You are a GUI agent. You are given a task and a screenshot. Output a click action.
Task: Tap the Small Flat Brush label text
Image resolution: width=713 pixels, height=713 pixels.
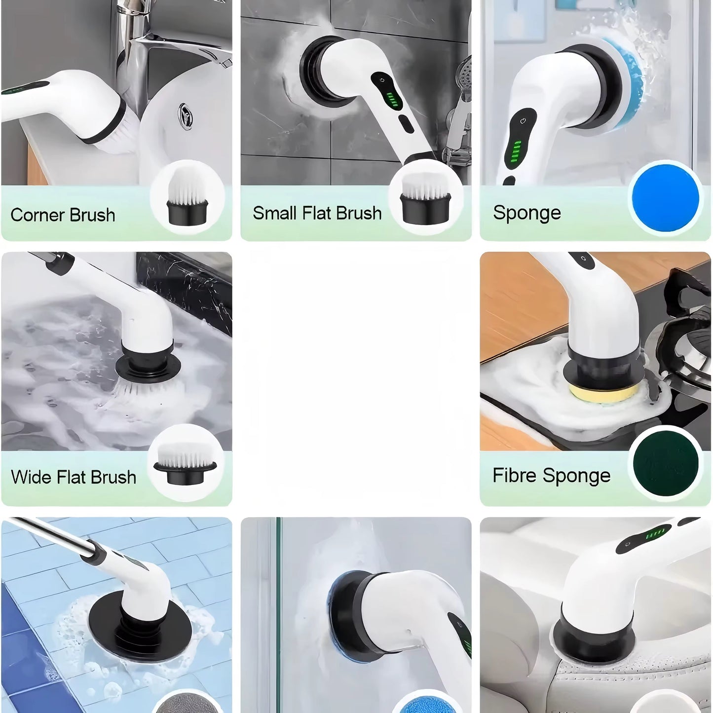point(317,213)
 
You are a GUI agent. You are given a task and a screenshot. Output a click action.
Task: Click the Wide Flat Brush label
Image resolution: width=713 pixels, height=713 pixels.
point(74,477)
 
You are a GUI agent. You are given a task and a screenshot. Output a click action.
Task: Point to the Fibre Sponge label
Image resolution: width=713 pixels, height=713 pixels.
point(551,476)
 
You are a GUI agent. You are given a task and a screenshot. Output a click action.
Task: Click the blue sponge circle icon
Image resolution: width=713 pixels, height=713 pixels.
point(665,198)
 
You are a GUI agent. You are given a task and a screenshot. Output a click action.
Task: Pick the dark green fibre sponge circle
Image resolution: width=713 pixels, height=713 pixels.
point(666,464)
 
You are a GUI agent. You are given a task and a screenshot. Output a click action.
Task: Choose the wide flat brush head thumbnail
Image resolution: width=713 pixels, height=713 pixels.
point(185,464)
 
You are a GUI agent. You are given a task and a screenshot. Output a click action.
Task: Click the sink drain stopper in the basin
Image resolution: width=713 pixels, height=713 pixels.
point(186,116)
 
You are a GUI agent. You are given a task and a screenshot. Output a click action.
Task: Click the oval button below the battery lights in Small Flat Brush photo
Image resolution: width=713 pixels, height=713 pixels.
point(406,124)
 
